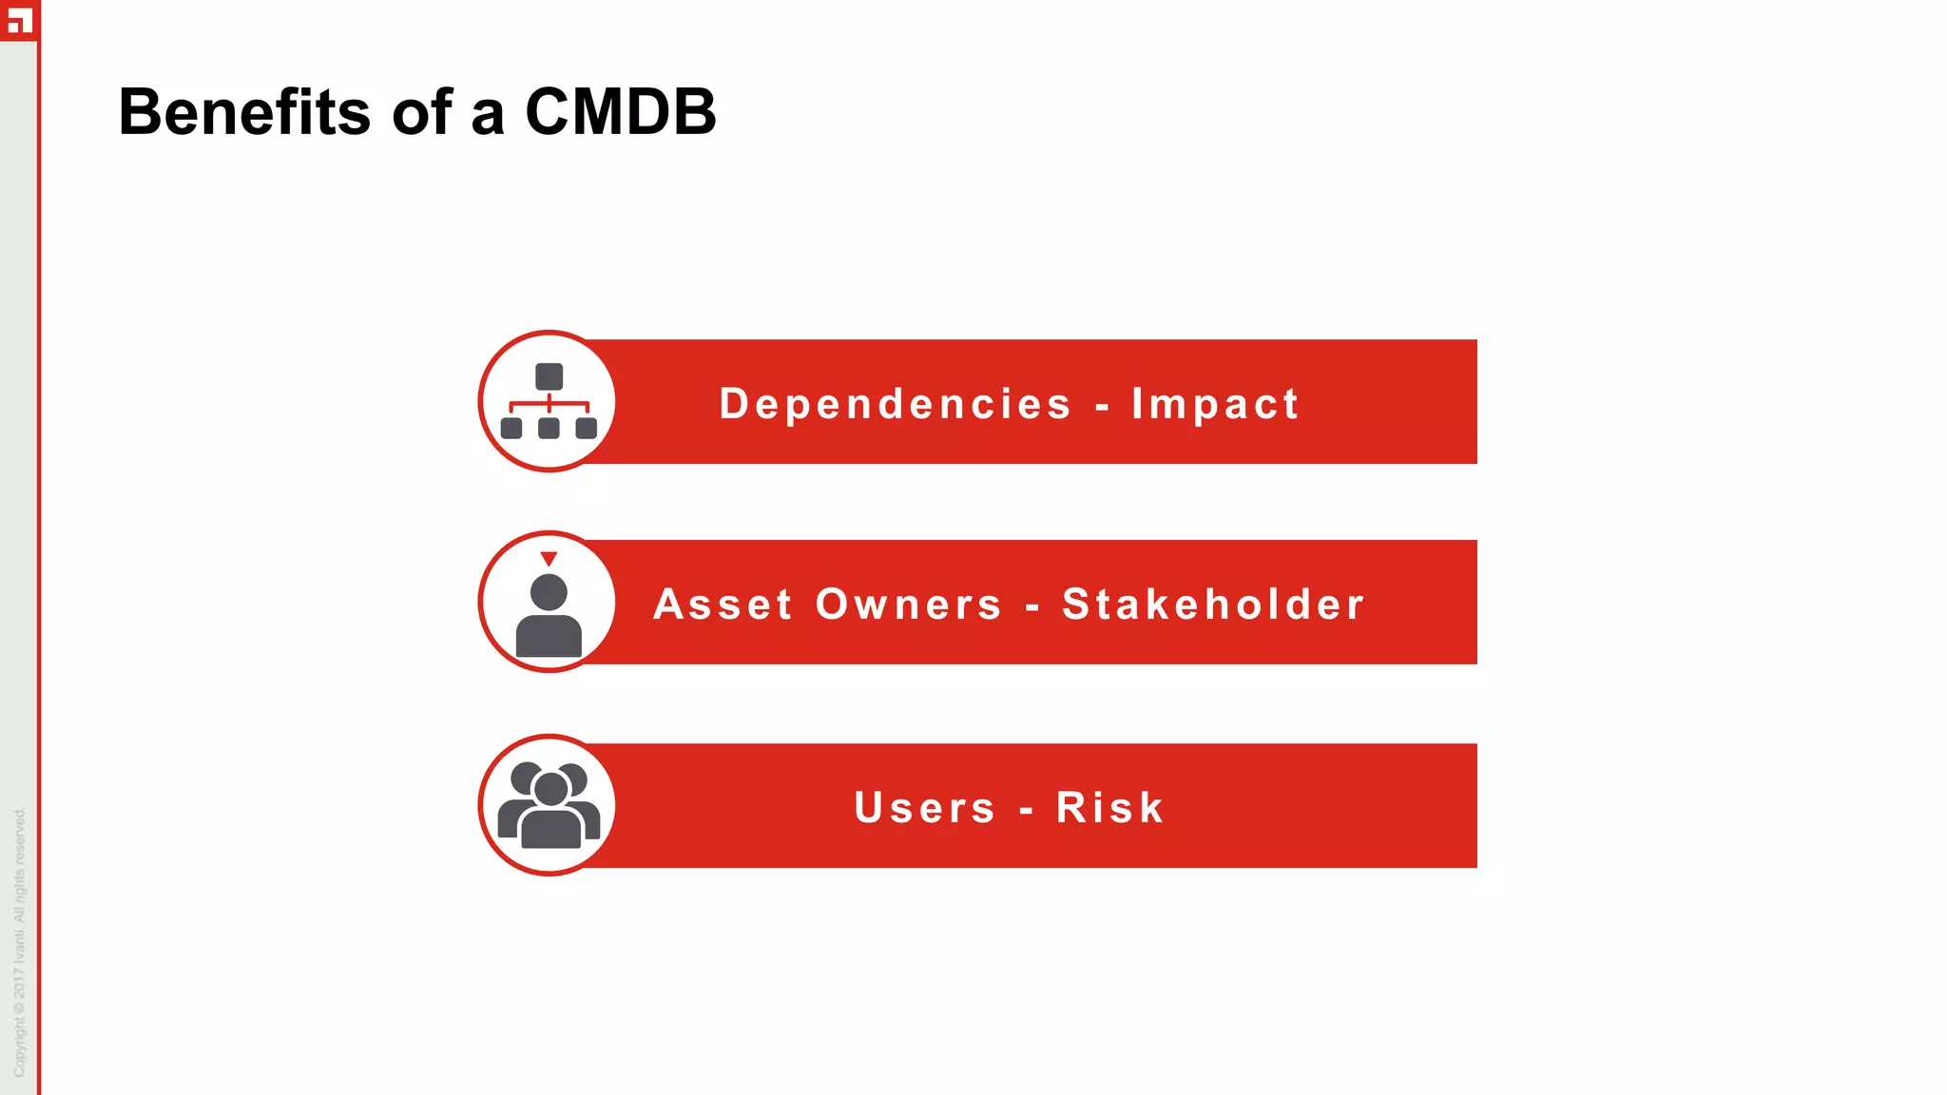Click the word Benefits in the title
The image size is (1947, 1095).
[x=243, y=112]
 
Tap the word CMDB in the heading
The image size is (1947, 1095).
[x=620, y=112]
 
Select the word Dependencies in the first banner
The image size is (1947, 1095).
[x=896, y=404]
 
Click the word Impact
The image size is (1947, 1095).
[x=1215, y=404]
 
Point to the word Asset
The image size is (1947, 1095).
[x=723, y=605]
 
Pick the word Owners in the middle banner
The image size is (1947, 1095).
[x=909, y=605]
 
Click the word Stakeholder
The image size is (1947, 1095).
[x=1213, y=605]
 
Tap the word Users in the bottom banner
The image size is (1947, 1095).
[x=924, y=808]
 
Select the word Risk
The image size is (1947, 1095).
[x=1109, y=808]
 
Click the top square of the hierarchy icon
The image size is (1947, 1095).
[x=549, y=376]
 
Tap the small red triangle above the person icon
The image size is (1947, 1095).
[x=549, y=558]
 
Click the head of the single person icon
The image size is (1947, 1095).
[x=549, y=592]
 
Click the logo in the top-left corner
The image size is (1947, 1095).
[x=19, y=19]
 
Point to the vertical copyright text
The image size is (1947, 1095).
[x=20, y=941]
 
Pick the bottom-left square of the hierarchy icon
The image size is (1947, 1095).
[x=511, y=428]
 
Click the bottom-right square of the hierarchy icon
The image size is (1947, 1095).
[x=587, y=428]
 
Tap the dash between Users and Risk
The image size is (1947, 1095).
[x=1026, y=811]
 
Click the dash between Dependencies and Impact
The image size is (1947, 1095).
[x=1102, y=407]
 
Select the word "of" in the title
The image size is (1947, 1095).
[x=420, y=112]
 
